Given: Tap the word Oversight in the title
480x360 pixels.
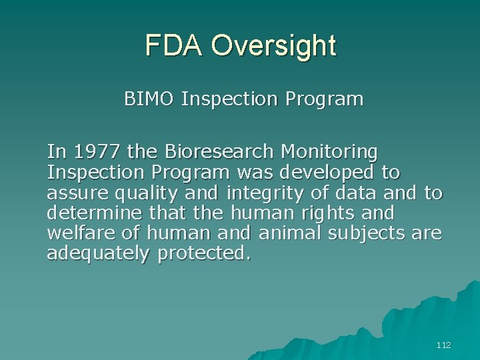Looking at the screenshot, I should click(273, 46).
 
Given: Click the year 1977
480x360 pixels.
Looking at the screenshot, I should click(97, 153).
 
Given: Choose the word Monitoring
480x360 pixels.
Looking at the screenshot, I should click(329, 153).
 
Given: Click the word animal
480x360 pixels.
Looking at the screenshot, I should click(285, 233).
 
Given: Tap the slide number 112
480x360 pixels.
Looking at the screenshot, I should click(443, 345).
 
